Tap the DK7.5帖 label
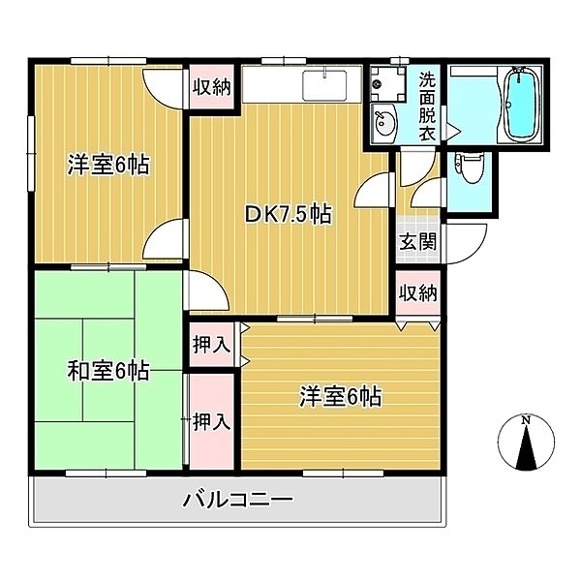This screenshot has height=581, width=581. [287, 214]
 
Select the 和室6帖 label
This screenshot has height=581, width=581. [107, 370]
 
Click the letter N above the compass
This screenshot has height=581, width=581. [525, 420]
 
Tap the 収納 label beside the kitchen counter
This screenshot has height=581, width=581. [210, 87]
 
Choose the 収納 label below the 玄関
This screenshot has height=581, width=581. [416, 292]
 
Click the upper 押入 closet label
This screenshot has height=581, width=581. [210, 344]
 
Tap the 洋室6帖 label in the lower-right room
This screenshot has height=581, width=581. [339, 396]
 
